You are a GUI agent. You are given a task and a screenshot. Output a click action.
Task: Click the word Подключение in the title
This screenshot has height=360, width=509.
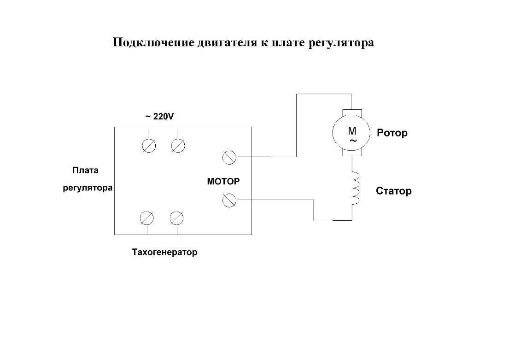[x=153, y=43]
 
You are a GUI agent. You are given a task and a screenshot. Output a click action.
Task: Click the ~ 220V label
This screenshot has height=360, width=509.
[x=159, y=116]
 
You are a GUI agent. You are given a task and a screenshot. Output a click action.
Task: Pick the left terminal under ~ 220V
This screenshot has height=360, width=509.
[x=149, y=146]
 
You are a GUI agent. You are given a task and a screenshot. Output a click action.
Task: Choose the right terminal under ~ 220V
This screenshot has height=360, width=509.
[x=178, y=146]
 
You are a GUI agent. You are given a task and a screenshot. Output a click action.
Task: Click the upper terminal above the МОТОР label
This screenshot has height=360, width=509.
[x=229, y=157]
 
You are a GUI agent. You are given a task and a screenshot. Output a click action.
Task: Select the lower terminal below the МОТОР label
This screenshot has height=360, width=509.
[x=229, y=200]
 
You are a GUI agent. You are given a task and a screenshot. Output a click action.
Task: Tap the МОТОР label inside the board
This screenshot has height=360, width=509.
[x=223, y=181]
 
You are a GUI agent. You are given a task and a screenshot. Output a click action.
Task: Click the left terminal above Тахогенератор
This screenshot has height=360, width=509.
[x=147, y=218]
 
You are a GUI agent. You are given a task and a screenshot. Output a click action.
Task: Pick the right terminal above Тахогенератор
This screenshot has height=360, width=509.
[x=176, y=218]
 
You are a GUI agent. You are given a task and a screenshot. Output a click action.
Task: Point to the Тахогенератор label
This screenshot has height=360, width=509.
[x=164, y=252]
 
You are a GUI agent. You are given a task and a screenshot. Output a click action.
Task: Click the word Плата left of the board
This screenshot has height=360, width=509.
[x=85, y=170]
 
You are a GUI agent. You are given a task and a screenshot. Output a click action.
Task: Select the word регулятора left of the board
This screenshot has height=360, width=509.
[x=88, y=188]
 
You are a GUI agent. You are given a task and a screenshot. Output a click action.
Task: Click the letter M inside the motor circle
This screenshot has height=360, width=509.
[x=352, y=130]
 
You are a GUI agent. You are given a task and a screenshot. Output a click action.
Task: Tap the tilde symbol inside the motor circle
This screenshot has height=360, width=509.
[x=353, y=141]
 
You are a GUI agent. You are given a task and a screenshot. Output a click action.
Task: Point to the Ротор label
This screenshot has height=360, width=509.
[x=392, y=133]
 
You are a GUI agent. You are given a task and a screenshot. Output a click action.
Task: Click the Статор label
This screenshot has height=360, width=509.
[x=394, y=191]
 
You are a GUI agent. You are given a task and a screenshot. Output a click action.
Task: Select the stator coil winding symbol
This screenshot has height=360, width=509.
[x=356, y=188]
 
